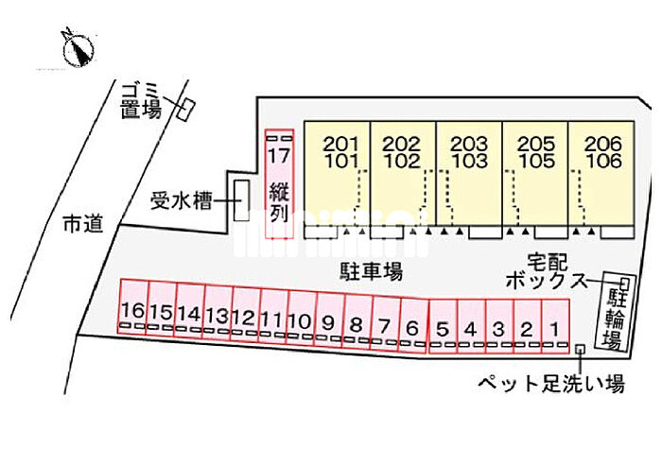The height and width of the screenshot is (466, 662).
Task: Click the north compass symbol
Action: pyautogui.click(x=76, y=46)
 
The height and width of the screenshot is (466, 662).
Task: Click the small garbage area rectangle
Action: pyautogui.click(x=184, y=109)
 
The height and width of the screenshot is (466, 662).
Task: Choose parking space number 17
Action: pyautogui.click(x=279, y=184)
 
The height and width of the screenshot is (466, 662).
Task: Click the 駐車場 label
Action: pyautogui.click(x=372, y=272)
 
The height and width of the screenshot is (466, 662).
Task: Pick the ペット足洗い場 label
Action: pyautogui.click(x=549, y=384)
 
